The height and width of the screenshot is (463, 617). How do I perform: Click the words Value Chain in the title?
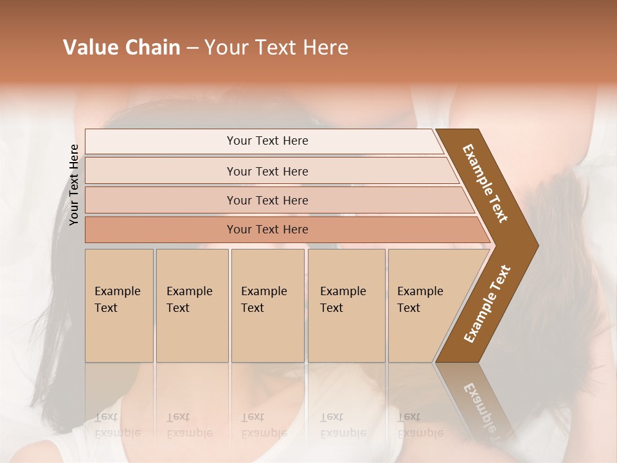click(x=121, y=48)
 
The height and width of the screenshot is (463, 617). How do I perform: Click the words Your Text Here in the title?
click(x=276, y=48)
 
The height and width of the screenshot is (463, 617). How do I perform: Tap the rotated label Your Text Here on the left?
click(x=75, y=185)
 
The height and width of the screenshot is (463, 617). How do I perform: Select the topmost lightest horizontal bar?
click(x=267, y=141)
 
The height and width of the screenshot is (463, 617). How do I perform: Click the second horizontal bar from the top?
click(x=267, y=171)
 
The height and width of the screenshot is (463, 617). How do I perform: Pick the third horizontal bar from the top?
click(x=267, y=200)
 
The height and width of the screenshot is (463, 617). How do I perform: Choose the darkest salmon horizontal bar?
click(x=267, y=230)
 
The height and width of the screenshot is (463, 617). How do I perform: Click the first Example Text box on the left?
click(x=119, y=305)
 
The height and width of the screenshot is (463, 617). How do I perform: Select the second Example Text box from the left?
click(x=192, y=305)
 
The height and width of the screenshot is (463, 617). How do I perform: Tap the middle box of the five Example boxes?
click(x=267, y=305)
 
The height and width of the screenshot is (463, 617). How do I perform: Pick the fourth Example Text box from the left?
click(x=346, y=305)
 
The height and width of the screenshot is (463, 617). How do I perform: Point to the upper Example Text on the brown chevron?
click(x=485, y=183)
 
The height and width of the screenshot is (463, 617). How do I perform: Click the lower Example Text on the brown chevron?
click(x=487, y=304)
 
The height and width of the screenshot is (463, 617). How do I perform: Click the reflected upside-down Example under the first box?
click(x=118, y=433)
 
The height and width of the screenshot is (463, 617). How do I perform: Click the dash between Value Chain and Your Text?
click(x=192, y=48)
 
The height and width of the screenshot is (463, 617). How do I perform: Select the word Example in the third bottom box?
click(x=264, y=291)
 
